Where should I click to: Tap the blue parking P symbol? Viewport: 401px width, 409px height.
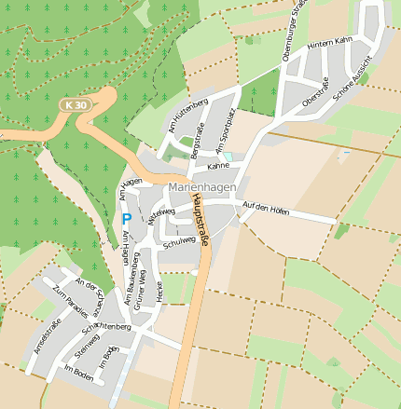tap(126, 219)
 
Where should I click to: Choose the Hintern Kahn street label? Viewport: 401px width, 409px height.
tap(329, 41)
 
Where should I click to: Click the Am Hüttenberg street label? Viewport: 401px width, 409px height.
tap(183, 119)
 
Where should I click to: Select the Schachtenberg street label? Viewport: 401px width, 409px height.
tap(105, 327)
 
